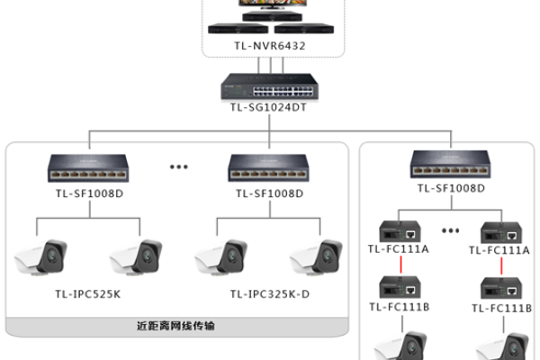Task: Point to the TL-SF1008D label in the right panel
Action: [x=451, y=188]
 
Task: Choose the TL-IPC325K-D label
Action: [x=266, y=292]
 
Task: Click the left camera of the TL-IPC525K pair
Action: [x=42, y=256]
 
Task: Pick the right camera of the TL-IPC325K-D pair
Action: [x=314, y=256]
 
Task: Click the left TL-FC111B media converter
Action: [x=397, y=288]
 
